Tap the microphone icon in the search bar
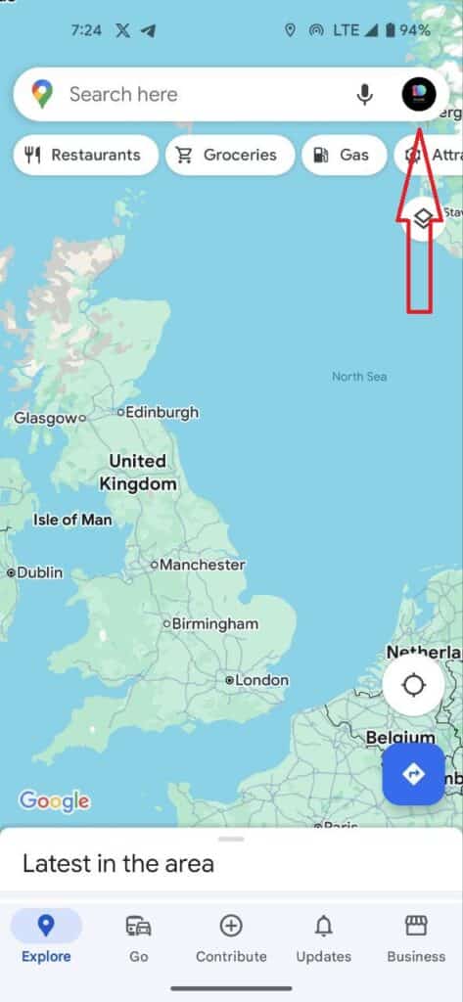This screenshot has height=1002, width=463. tap(365, 95)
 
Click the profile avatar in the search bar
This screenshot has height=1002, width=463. tap(419, 95)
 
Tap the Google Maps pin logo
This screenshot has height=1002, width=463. tap(42, 95)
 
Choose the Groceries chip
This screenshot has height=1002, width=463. tap(229, 155)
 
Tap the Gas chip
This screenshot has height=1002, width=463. tap(344, 155)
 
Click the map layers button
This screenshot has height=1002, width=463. tap(422, 217)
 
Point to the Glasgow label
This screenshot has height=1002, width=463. tap(45, 418)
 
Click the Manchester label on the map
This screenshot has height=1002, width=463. tap(202, 565)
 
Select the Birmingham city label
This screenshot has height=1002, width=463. tap(214, 623)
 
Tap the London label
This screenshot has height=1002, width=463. tap(261, 680)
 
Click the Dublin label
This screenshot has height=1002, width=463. tap(39, 572)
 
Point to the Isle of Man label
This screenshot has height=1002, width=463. tap(72, 520)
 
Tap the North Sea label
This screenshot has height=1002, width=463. tap(359, 377)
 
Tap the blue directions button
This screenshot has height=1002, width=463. tap(413, 774)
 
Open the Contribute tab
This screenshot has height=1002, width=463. tap(231, 938)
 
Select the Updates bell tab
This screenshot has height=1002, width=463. tap(323, 938)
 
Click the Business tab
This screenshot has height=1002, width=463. tap(416, 938)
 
